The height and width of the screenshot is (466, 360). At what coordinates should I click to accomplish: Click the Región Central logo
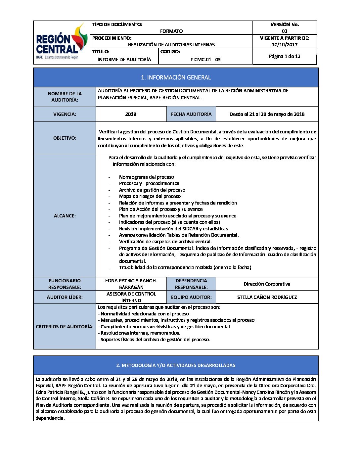tap(62, 42)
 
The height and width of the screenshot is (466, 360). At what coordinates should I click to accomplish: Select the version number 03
tap(285, 31)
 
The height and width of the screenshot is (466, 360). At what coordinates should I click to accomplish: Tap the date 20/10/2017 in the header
tap(285, 45)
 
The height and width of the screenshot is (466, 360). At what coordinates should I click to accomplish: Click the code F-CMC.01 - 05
tap(205, 60)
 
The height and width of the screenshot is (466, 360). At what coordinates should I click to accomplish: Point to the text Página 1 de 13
tap(285, 56)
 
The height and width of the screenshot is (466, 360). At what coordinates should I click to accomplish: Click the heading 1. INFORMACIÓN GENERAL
tap(176, 77)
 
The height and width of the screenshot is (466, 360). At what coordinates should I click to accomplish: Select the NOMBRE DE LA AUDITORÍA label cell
tap(65, 97)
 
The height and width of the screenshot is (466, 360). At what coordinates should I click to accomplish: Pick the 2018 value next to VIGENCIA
tap(131, 114)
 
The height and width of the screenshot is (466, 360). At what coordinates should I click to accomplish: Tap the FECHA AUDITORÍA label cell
tap(191, 114)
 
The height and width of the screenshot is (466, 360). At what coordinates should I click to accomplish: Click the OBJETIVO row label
tap(65, 138)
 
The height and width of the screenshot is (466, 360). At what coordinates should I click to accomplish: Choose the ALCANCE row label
tap(65, 216)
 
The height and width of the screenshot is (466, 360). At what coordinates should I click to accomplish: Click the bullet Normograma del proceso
tap(146, 177)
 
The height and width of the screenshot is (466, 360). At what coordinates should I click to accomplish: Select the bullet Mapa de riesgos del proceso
tap(150, 196)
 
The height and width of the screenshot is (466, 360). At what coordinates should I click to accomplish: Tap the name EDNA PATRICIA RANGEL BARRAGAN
tap(131, 284)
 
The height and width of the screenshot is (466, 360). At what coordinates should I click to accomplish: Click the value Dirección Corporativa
tap(267, 284)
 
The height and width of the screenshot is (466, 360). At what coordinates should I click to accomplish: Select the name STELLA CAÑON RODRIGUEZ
tap(267, 297)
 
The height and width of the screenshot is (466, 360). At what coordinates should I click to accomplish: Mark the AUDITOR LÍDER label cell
tap(65, 297)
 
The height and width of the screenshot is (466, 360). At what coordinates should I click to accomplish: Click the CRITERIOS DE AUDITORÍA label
tap(65, 327)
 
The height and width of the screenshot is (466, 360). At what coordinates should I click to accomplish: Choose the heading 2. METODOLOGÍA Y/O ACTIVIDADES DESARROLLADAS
tap(176, 365)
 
